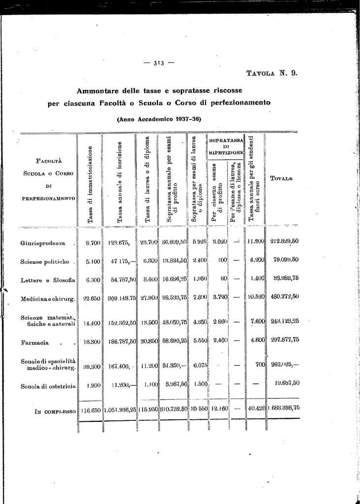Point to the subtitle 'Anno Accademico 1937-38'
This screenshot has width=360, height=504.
coord(159,119)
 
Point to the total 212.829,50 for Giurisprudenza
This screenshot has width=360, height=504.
coord(284,241)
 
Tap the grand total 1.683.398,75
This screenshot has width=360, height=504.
coord(283,408)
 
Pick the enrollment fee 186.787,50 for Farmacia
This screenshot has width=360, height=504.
coord(120,341)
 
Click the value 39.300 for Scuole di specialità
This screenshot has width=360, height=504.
coord(92,366)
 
